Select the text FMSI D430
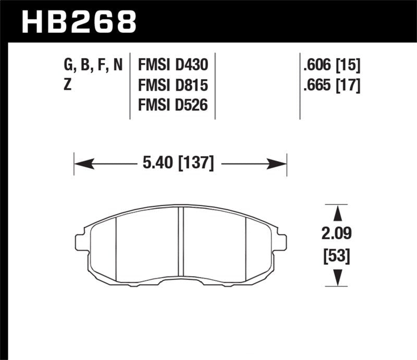point(173,65)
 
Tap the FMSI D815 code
point(173,85)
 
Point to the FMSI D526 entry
point(173,105)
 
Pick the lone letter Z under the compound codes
point(67,85)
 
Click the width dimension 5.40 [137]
point(177,164)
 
